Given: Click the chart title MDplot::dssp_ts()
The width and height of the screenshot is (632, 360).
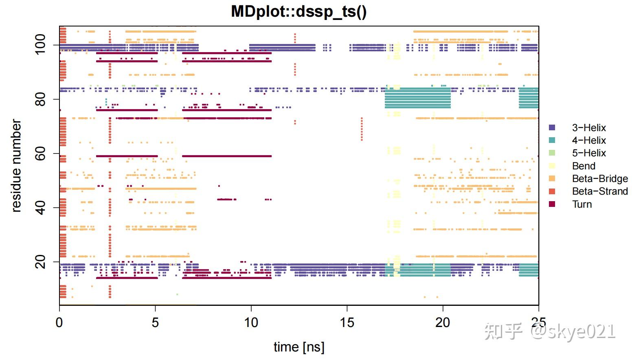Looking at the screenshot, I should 298,11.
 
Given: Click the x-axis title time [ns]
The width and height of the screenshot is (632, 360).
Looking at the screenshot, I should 298,347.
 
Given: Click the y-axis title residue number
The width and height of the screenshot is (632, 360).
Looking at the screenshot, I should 16,165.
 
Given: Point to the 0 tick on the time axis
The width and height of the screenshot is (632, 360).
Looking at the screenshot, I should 59,323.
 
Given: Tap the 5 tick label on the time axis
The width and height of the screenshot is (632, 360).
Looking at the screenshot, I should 155,323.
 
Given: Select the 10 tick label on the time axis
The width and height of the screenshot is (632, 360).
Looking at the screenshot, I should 251,323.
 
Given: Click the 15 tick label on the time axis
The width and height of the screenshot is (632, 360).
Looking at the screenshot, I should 347,323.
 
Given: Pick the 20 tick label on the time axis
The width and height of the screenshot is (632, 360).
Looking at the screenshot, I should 443,323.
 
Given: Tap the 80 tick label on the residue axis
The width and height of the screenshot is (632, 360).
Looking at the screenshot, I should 40,99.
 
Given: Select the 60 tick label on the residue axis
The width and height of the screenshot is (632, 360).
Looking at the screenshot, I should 40,154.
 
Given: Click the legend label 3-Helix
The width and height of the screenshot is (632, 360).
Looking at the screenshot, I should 589,128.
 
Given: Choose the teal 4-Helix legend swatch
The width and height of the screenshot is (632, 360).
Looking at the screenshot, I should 552,140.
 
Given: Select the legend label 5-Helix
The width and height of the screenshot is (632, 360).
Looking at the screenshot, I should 589,153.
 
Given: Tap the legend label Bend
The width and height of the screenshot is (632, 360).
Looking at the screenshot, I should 584,166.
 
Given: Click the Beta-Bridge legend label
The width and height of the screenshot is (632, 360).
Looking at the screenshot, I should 599,179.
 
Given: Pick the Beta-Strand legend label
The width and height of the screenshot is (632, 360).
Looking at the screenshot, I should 599,191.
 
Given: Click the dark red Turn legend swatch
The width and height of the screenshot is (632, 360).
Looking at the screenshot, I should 552,204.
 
